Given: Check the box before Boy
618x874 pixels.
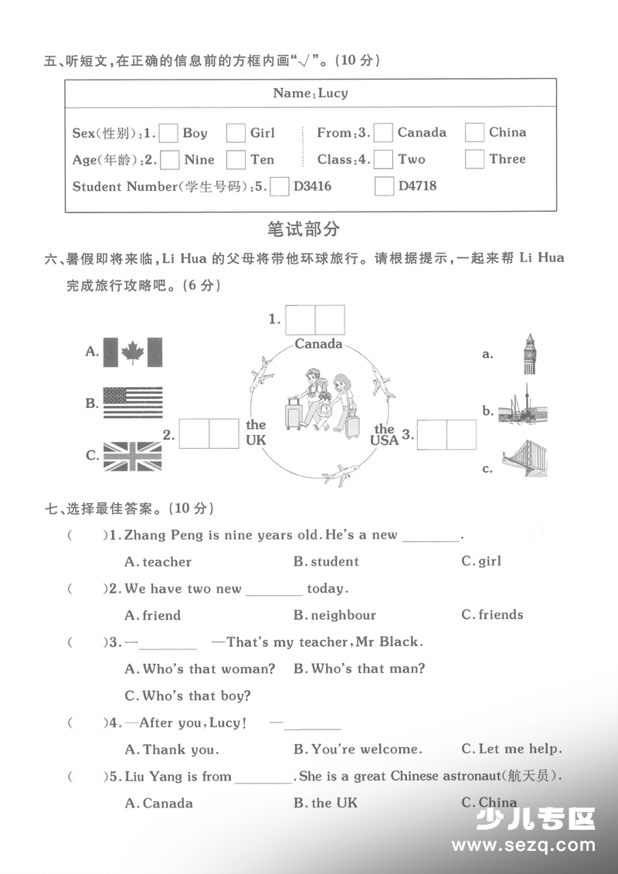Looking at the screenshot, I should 168,133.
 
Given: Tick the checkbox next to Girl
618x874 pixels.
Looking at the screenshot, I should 236,133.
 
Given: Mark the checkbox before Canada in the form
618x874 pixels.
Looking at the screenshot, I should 383,132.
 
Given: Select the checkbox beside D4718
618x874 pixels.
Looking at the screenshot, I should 384,186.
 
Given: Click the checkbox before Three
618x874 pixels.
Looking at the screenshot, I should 474,159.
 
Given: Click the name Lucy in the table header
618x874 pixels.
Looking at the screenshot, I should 333,94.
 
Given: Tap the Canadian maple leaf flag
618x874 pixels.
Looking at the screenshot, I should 133,352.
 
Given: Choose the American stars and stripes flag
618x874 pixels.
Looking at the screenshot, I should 133,403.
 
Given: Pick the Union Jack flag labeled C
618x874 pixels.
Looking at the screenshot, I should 133,456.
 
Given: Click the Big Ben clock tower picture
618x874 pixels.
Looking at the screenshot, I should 529,354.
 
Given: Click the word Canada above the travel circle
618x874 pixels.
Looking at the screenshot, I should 318,344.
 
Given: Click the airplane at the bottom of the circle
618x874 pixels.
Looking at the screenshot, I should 341,474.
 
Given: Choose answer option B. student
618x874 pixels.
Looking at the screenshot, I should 326,562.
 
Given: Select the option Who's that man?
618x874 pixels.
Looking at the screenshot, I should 359,668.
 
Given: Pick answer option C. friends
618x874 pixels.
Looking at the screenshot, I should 492,615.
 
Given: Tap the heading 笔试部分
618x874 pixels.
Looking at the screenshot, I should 303,230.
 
